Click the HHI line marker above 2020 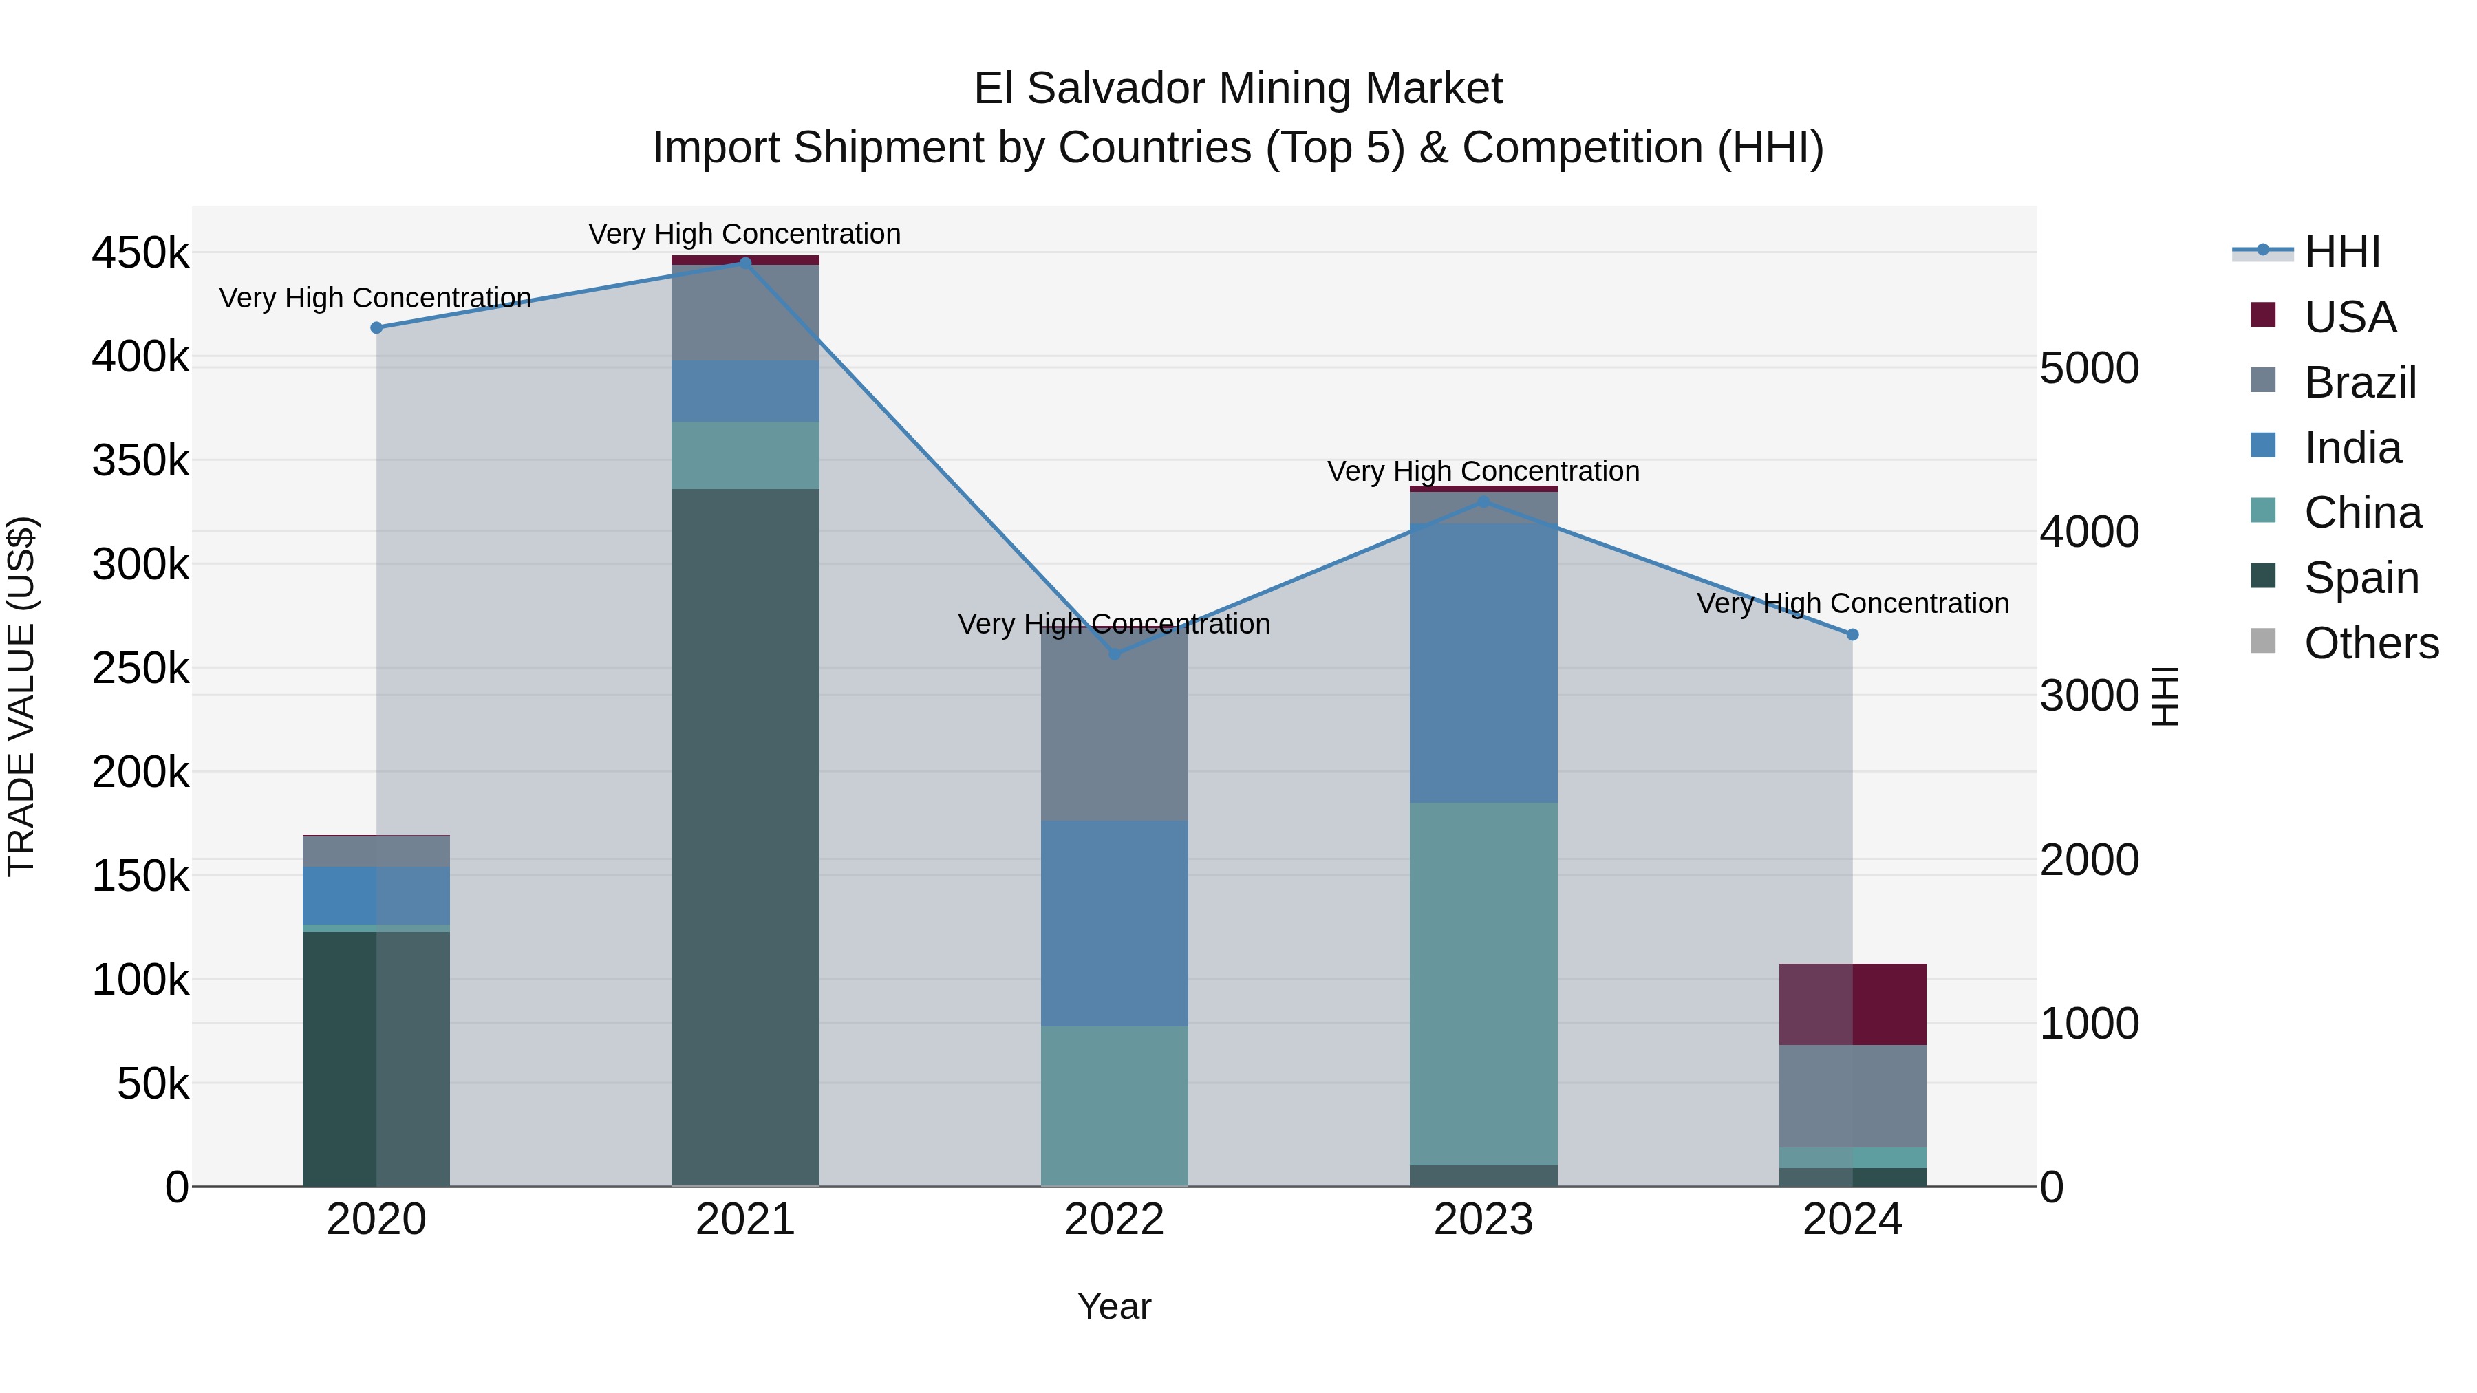point(376,328)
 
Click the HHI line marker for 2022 point(1115,655)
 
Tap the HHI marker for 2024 point(1853,634)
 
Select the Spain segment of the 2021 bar point(745,836)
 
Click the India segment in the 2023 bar point(1483,663)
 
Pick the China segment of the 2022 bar point(1115,1105)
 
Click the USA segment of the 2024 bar point(1853,1004)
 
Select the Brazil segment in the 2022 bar point(1115,726)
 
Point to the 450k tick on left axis point(140,254)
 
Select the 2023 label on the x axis point(1483,1220)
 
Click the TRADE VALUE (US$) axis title point(21,696)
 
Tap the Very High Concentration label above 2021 point(744,234)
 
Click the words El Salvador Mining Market point(1238,89)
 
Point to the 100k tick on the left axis point(140,980)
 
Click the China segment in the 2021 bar point(745,455)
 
